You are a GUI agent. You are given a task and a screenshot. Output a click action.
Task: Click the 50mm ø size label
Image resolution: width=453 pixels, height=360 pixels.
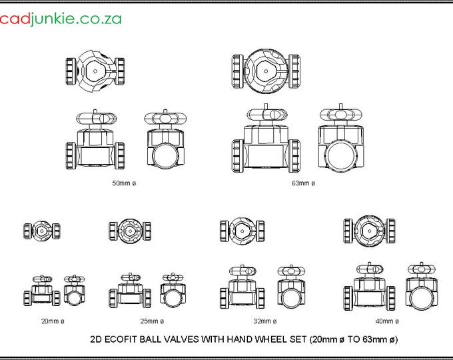(124, 183)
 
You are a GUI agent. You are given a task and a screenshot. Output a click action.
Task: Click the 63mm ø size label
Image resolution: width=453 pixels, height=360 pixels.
(303, 183)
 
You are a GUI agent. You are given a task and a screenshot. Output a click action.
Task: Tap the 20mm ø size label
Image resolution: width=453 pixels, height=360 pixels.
(53, 321)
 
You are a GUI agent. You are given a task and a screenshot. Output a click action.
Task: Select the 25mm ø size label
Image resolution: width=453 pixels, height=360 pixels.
(153, 321)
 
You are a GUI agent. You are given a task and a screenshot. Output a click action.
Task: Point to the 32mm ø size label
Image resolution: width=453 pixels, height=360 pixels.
(265, 321)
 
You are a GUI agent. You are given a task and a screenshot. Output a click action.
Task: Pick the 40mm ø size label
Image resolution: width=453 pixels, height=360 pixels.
(387, 321)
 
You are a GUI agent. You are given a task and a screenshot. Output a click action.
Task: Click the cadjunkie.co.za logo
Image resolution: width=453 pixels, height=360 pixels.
(61, 19)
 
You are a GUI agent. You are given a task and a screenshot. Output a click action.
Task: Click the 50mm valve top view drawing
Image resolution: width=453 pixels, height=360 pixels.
(95, 71)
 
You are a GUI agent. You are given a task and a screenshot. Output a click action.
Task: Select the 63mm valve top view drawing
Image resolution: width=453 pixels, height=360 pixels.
(266, 71)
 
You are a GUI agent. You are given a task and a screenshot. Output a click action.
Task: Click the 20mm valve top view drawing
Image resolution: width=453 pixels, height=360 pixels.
(42, 231)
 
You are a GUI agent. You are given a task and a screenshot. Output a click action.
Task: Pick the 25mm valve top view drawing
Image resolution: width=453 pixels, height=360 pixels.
(130, 231)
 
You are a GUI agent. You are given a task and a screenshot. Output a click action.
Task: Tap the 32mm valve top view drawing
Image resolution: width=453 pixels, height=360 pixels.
(242, 231)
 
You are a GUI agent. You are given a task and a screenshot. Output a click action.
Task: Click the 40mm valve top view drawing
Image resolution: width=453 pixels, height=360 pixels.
(370, 231)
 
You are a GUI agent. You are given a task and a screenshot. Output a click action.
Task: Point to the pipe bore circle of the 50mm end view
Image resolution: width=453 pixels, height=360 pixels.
(153, 155)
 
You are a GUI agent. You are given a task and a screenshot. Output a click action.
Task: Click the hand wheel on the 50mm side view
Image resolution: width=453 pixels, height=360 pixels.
(96, 118)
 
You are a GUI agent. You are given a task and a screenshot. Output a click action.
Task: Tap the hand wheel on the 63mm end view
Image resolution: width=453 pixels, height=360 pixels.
(341, 114)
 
